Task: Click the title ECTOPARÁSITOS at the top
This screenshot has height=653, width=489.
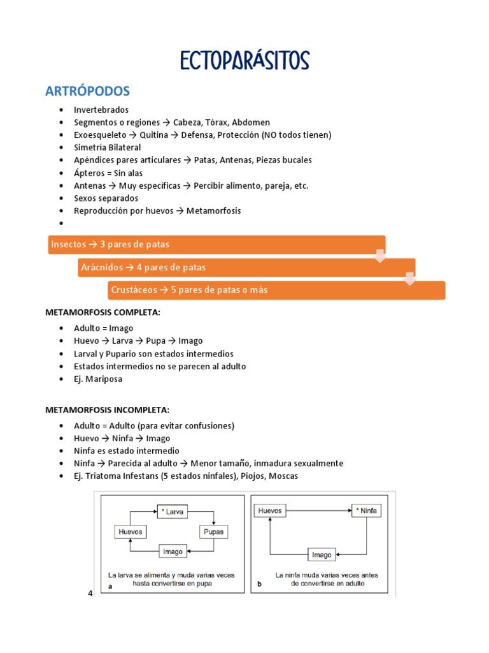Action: [244, 61]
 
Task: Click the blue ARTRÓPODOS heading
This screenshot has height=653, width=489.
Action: [87, 91]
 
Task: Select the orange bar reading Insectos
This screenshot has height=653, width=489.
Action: [216, 244]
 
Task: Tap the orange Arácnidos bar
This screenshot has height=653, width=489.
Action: [246, 267]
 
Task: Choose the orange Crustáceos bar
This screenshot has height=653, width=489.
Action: [276, 290]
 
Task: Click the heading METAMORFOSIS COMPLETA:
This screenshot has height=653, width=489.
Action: [102, 312]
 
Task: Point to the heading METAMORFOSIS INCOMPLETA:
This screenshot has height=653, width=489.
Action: [107, 409]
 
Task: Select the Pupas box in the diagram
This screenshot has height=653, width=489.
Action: [213, 531]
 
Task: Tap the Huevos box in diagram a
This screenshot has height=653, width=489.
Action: [131, 531]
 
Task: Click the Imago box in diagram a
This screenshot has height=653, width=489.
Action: [173, 552]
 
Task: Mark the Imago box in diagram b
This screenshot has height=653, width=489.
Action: [322, 555]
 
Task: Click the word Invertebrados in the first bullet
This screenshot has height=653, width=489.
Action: [101, 110]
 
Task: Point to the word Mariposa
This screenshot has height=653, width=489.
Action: [105, 379]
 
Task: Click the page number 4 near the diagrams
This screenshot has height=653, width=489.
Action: [90, 594]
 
